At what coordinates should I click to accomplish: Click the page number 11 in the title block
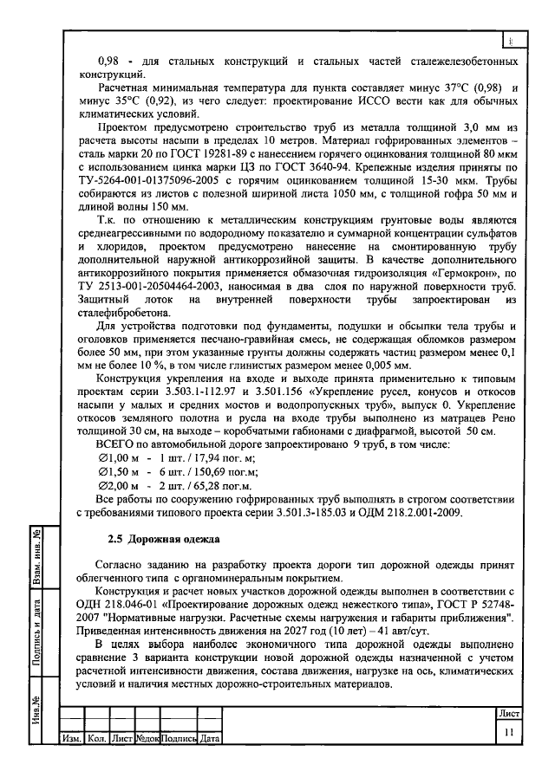point(508,732)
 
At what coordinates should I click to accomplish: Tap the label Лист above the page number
point(508,713)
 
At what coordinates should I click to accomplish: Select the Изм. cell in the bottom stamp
point(70,739)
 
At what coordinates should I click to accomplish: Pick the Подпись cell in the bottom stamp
point(179,739)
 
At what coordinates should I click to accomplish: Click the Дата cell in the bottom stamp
point(208,739)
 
